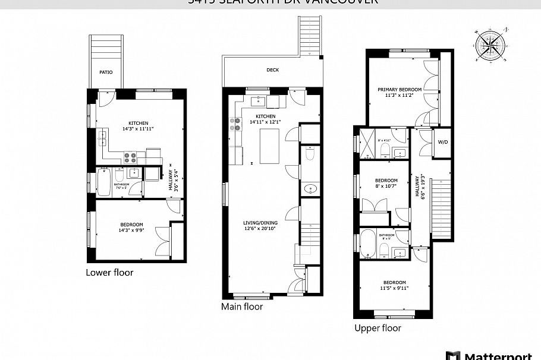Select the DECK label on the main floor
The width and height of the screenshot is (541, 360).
(x=272, y=70)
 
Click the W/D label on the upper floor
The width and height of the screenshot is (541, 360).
(x=443, y=143)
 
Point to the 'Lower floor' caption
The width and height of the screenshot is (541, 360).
(x=109, y=273)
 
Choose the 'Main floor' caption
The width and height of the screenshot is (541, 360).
(x=242, y=307)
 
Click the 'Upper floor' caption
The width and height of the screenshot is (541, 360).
(x=378, y=328)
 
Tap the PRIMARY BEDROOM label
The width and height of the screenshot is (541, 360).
(x=400, y=90)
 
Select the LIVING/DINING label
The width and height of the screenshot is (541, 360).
(x=259, y=223)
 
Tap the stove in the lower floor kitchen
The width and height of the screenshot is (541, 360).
(x=131, y=157)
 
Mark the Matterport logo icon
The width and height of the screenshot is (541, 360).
(x=454, y=355)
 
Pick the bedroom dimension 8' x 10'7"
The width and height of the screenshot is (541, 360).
(x=386, y=187)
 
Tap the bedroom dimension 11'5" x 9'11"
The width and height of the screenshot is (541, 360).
(x=394, y=289)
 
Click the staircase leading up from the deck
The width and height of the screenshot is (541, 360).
(x=308, y=36)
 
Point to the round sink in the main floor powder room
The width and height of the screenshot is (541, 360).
(x=310, y=190)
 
